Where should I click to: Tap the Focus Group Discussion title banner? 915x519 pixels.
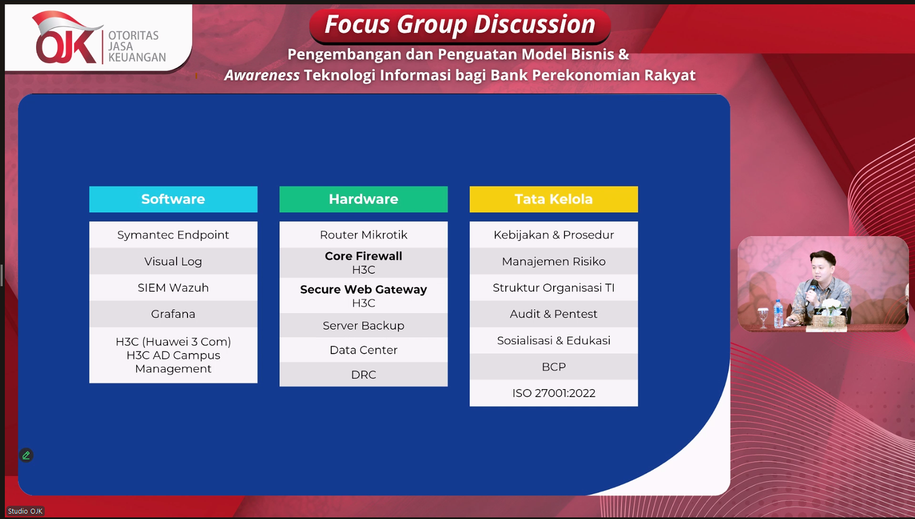460,25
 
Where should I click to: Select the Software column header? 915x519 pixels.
173,199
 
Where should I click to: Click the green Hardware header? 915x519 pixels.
364,199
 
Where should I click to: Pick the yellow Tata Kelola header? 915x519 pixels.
554,199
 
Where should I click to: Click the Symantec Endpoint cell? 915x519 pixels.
173,235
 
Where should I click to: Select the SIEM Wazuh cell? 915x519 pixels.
173,287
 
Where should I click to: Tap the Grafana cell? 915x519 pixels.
173,314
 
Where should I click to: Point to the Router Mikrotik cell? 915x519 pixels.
364,235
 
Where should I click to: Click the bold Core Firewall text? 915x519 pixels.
364,256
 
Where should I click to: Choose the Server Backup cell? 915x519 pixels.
364,325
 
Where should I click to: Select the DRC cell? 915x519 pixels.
364,374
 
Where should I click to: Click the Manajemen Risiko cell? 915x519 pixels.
554,261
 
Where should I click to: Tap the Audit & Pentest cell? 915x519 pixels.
554,314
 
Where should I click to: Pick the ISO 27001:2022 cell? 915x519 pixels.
554,393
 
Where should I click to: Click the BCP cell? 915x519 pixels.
554,367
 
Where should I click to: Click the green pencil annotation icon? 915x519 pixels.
26,455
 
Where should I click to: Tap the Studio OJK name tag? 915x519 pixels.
25,511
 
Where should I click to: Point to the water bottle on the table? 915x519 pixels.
778,314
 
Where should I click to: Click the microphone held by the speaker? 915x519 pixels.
813,288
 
